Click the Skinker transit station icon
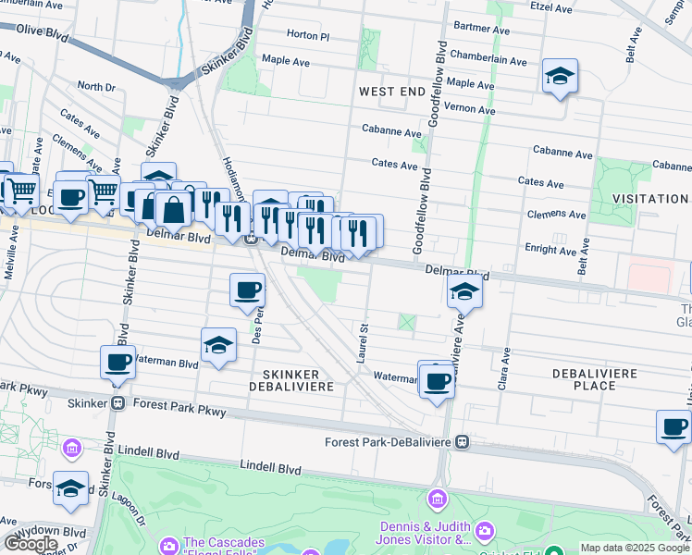tap(118, 403)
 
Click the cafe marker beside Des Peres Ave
tap(247, 290)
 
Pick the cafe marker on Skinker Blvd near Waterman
tap(118, 362)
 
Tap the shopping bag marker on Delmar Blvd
tap(173, 208)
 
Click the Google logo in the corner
tap(31, 543)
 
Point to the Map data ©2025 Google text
tap(635, 548)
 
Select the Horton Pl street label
tap(308, 35)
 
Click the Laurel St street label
tap(364, 340)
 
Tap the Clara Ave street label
tap(504, 367)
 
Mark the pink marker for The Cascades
tap(167, 543)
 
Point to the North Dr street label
tap(95, 86)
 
